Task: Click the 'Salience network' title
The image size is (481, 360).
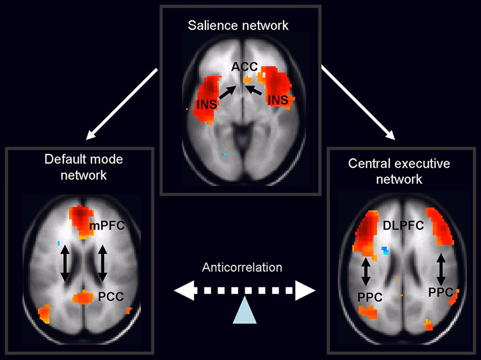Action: click(x=240, y=25)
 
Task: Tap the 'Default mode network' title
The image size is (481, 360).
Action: click(x=84, y=167)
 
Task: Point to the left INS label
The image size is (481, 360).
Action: click(x=207, y=104)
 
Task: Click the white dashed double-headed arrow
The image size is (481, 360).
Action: click(x=244, y=291)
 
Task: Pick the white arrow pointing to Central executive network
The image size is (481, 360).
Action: click(x=357, y=104)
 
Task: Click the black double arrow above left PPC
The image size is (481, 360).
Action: click(x=366, y=271)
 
